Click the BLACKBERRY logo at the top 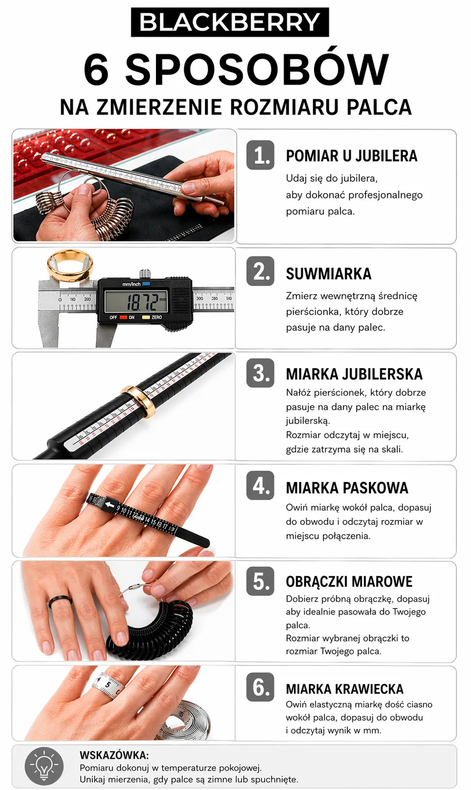click(230, 22)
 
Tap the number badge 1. click(261, 155)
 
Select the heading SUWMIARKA click(328, 274)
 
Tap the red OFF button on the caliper click(123, 317)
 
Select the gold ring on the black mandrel click(138, 402)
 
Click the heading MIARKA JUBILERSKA click(354, 375)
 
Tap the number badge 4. click(261, 485)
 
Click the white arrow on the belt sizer click(110, 505)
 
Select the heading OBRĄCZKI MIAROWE click(349, 582)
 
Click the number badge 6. click(261, 687)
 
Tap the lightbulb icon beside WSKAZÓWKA click(44, 766)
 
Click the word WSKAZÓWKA click(114, 755)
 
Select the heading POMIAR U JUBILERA click(351, 156)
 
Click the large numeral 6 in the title click(96, 69)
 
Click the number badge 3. click(261, 374)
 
